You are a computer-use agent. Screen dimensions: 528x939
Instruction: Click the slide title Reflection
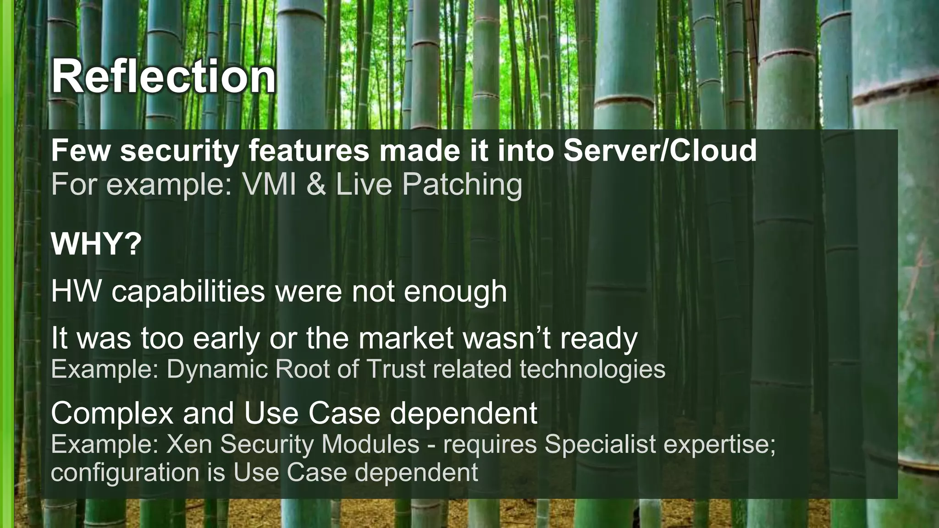tap(163, 77)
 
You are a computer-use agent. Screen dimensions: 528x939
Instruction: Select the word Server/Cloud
tap(660, 150)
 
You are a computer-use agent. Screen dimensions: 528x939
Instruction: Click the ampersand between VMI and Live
tap(316, 184)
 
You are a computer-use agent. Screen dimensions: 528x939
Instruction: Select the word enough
tap(455, 292)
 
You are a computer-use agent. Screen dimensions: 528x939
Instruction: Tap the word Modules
tap(370, 444)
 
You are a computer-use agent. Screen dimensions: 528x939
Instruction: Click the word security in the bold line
tap(179, 151)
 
